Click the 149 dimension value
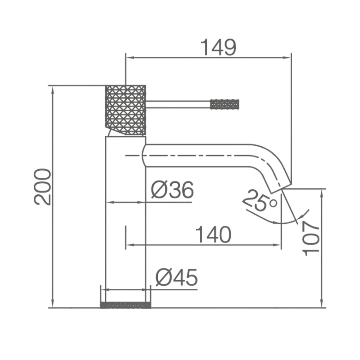tap(218, 47)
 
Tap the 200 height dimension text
tap(42, 186)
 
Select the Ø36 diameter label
tap(172, 190)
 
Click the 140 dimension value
tap(213, 234)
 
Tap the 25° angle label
tap(260, 200)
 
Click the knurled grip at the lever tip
tap(225, 104)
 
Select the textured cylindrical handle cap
tap(126, 110)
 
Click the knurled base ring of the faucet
tap(126, 305)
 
